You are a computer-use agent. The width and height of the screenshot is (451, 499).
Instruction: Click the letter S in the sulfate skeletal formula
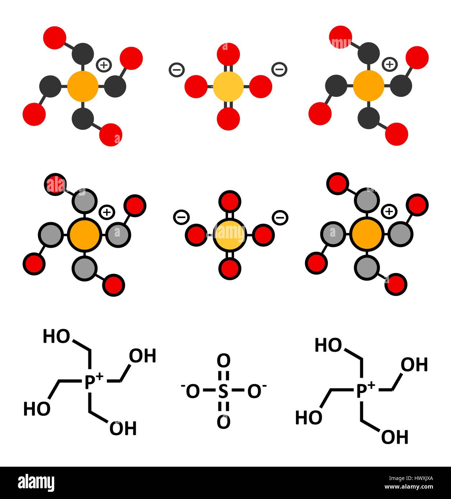(223, 392)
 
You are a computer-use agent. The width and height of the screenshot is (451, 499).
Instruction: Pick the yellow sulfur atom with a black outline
(229, 235)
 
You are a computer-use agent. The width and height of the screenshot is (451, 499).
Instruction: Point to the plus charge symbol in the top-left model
(104, 65)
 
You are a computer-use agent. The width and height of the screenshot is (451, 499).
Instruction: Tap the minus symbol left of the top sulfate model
(176, 70)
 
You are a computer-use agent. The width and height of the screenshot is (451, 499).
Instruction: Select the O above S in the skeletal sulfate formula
(223, 361)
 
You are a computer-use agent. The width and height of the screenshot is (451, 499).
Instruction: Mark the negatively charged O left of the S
(192, 392)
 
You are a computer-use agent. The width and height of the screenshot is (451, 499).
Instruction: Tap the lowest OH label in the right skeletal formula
(395, 437)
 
